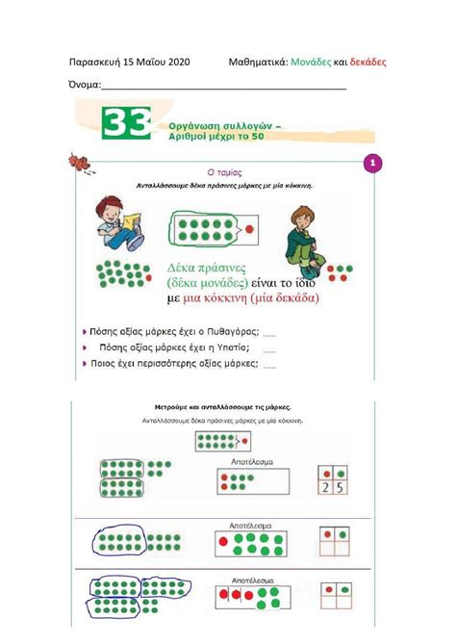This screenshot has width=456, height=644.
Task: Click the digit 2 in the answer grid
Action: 325,488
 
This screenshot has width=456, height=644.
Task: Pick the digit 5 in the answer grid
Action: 340,488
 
